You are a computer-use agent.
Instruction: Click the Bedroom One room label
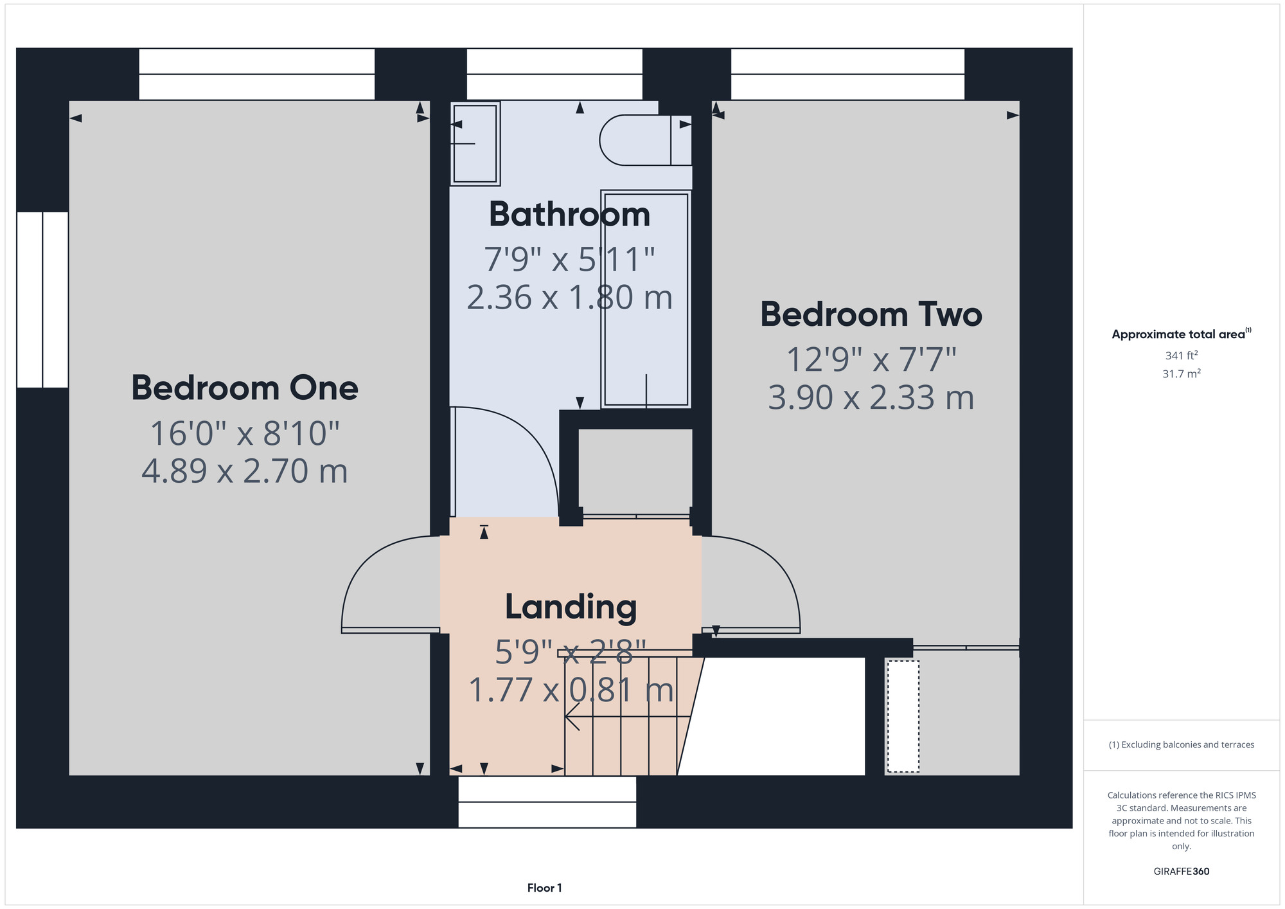(x=245, y=388)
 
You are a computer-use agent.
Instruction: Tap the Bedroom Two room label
(x=871, y=314)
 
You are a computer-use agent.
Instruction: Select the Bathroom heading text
(x=570, y=214)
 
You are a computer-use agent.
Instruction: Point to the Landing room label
(x=571, y=607)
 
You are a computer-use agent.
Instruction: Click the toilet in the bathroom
(x=645, y=140)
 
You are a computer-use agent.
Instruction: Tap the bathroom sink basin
(x=475, y=143)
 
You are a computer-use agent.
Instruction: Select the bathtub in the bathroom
(x=646, y=299)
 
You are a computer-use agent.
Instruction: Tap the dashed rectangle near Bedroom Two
(x=903, y=716)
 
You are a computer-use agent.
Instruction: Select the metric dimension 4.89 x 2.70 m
(x=245, y=471)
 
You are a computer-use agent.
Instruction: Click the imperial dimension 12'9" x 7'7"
(x=871, y=359)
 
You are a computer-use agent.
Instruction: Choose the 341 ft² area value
(x=1181, y=355)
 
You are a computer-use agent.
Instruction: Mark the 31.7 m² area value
(x=1181, y=373)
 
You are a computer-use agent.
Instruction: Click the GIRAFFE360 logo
(x=1181, y=872)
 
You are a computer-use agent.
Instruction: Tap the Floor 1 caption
(x=544, y=888)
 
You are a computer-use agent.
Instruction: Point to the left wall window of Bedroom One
(x=42, y=300)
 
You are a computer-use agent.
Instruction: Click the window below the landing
(x=547, y=802)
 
